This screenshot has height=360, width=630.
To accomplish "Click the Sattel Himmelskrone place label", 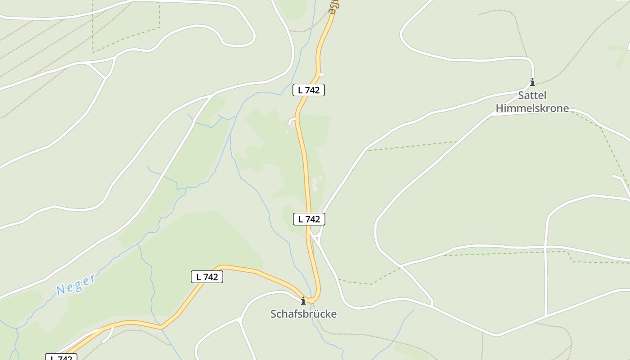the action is coord(532,102).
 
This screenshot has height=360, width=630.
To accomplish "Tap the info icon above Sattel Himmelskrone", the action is coord(532,82).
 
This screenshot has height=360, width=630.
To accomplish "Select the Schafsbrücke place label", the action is coord(303,314).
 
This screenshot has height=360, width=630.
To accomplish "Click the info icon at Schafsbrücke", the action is coord(303,300).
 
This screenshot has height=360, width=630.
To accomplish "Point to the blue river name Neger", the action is coord(76,284).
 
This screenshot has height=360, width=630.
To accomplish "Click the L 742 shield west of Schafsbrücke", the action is coord(207,277).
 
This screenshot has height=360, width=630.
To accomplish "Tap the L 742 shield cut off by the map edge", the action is coord(61,358).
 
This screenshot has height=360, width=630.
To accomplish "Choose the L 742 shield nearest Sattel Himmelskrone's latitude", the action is coord(309,90).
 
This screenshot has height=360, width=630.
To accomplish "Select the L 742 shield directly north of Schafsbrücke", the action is coord(309,219).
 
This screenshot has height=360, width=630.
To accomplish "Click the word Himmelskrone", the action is coord(532,108).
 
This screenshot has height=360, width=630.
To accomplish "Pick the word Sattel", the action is coord(532,95).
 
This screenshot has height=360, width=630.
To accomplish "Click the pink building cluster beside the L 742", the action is coord(315,183).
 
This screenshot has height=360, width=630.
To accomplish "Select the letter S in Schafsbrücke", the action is coord(274,314).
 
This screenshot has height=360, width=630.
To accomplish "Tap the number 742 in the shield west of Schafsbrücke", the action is coord(211,277).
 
